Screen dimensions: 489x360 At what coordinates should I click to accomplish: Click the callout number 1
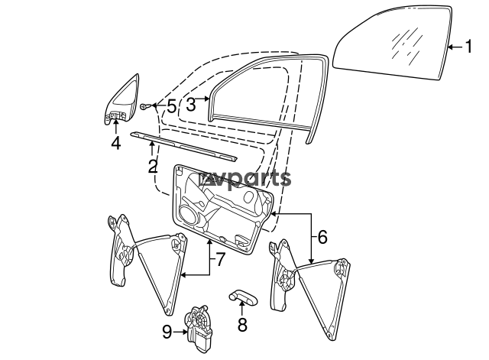coord(468,47)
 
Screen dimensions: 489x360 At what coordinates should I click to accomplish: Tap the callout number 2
coord(153,167)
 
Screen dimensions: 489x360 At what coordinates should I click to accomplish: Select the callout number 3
coord(191,104)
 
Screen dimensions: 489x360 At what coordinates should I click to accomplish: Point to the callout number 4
coord(115,143)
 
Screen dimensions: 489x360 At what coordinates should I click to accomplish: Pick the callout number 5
coord(172,106)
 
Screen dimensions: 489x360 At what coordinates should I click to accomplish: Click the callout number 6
coord(322,237)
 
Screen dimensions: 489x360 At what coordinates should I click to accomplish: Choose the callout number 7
coord(220,259)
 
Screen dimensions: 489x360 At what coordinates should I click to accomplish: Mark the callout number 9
coord(167,332)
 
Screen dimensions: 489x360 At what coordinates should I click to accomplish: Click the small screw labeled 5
coord(145,106)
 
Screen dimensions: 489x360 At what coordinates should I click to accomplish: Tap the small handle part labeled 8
coord(244,297)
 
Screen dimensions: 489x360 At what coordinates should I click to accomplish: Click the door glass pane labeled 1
coord(392,43)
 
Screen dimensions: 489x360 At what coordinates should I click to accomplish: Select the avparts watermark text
coord(245,179)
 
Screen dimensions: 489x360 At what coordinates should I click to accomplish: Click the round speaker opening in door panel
coord(190,216)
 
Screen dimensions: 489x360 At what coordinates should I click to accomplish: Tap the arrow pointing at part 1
coord(455,47)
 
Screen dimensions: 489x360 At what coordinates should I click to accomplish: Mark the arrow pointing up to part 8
coord(241,309)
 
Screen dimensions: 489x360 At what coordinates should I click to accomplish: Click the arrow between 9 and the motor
coord(181,332)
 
